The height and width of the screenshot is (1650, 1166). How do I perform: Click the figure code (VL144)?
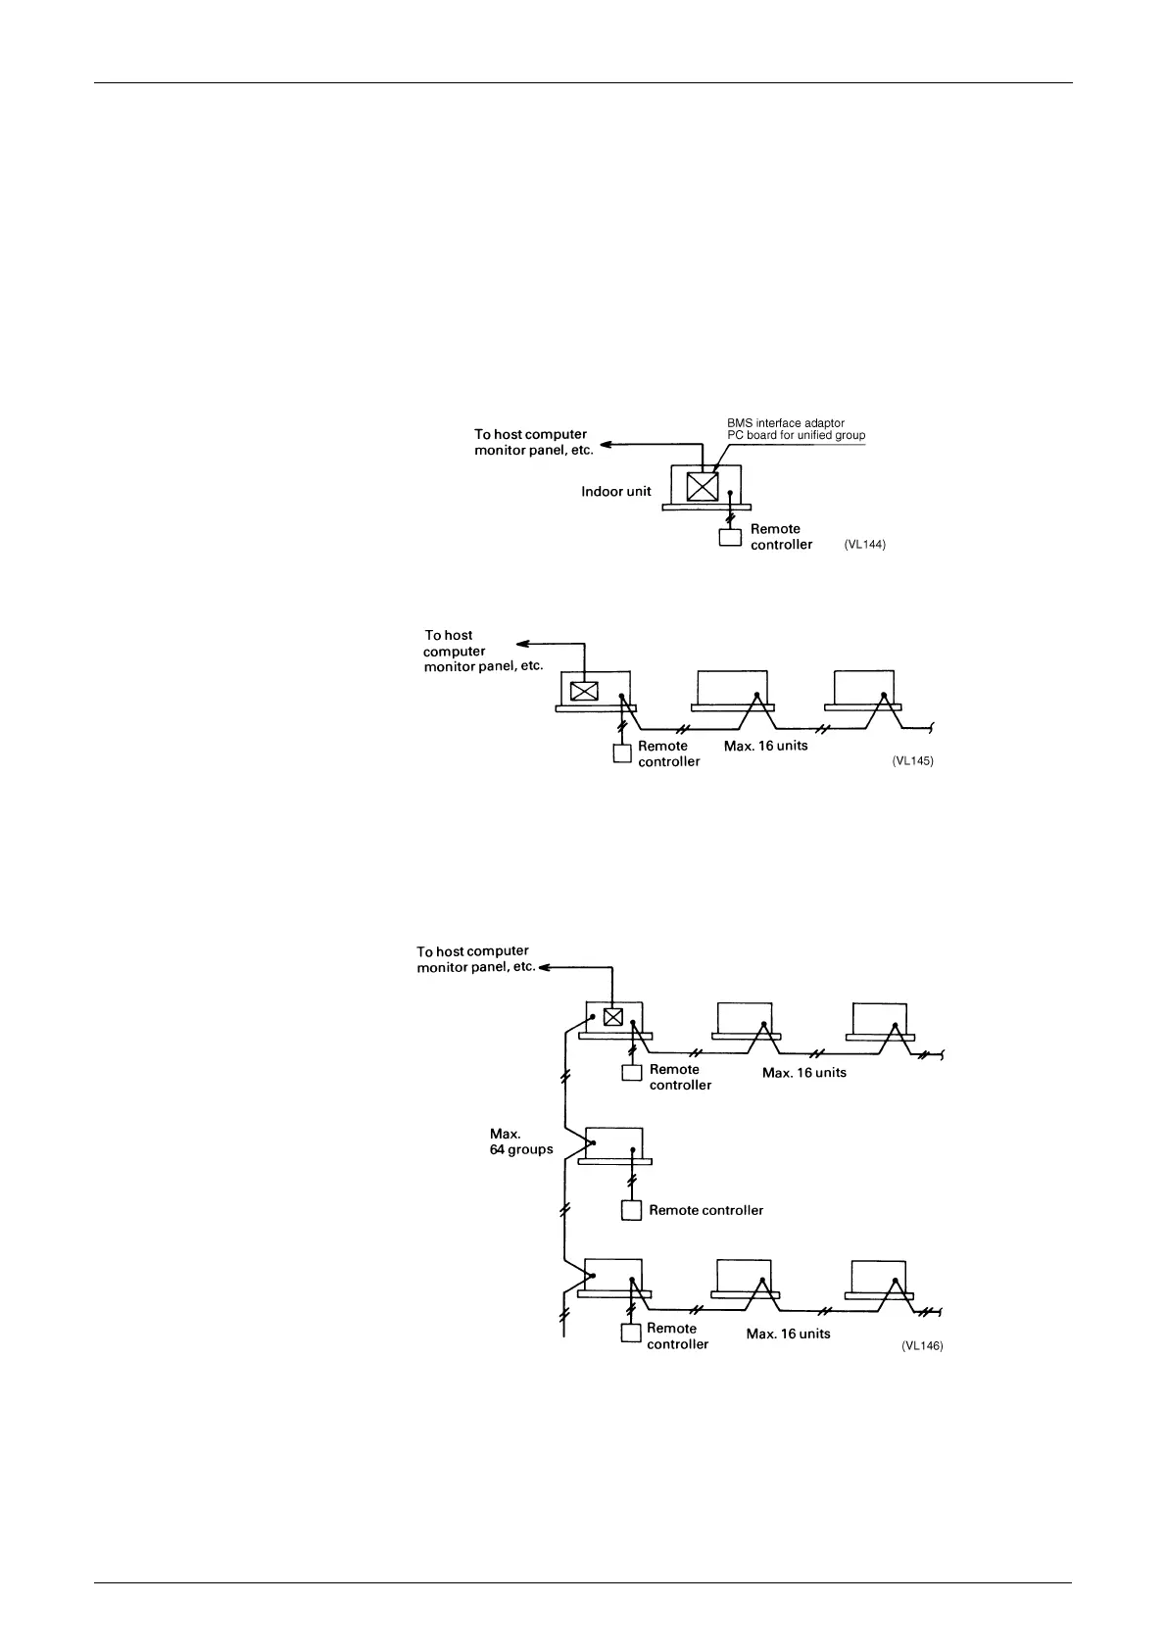click(864, 545)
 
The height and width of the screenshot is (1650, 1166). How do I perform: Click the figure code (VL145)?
click(912, 761)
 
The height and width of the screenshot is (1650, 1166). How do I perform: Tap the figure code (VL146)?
click(922, 1346)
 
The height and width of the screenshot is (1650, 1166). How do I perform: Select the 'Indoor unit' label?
click(615, 491)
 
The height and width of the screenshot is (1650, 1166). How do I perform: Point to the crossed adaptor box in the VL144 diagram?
click(703, 487)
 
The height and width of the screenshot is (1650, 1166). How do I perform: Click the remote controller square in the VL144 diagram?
click(730, 537)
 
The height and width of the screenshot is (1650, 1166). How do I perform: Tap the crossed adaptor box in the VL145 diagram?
click(584, 690)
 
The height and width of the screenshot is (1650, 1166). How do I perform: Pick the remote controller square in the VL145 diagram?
click(621, 753)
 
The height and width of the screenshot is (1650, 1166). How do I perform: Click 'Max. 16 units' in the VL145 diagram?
click(765, 746)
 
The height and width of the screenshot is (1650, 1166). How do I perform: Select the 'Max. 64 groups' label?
click(521, 1141)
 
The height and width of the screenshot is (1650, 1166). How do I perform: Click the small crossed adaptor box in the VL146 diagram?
click(612, 1016)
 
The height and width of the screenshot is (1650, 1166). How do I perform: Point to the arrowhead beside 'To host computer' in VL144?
click(607, 444)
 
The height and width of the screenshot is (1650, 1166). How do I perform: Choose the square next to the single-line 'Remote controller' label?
click(631, 1210)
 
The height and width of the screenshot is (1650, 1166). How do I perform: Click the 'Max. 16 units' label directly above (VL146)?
click(788, 1334)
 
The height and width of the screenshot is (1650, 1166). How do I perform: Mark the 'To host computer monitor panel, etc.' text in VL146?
click(475, 958)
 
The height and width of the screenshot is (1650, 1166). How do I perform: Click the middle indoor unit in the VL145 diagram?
click(732, 688)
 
